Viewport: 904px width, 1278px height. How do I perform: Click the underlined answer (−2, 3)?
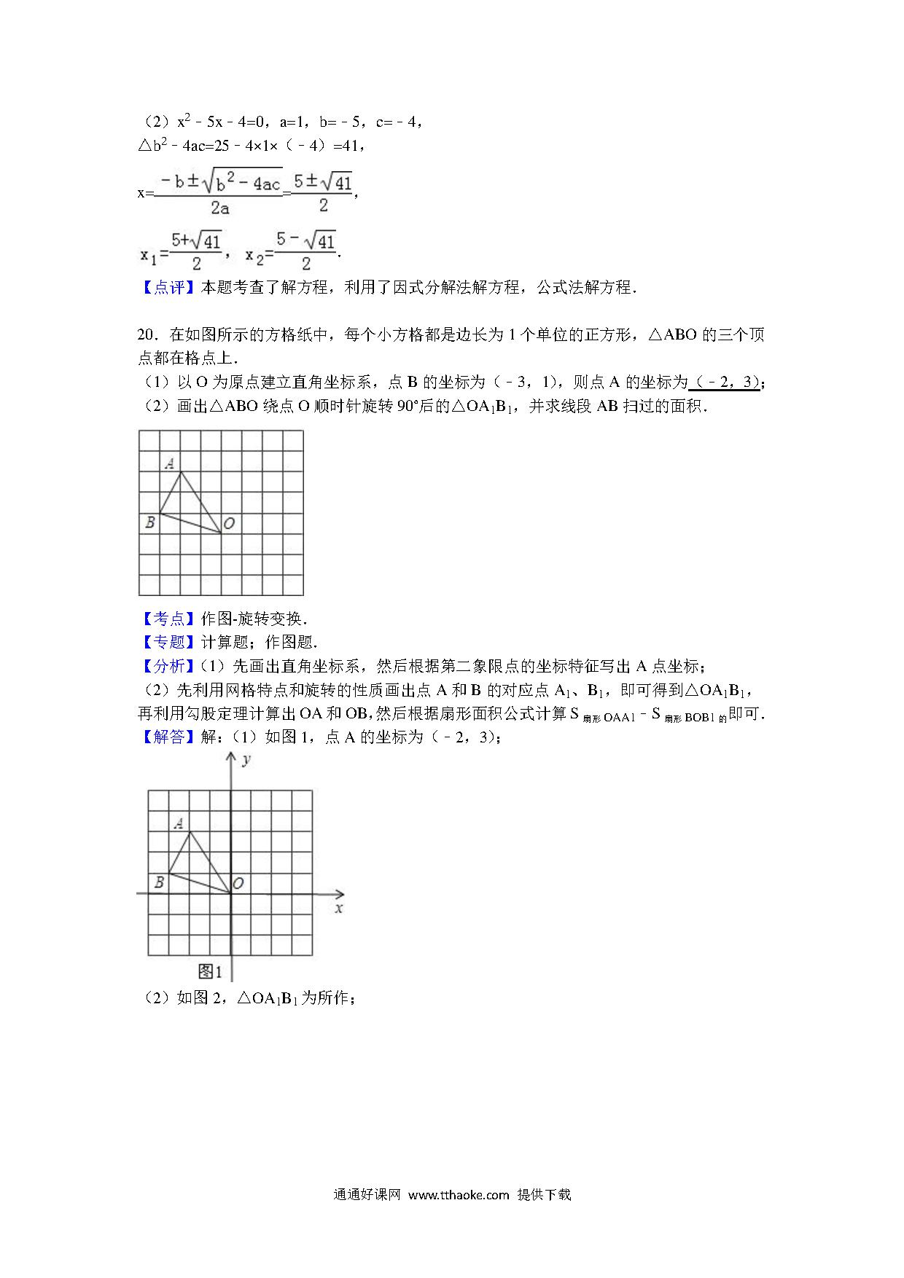[x=725, y=383]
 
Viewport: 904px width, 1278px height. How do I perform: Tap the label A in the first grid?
[x=169, y=463]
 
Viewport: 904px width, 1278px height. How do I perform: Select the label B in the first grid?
[x=149, y=522]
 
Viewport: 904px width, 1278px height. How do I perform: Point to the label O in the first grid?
[x=229, y=524]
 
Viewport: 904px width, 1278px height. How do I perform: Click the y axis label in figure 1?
[x=246, y=760]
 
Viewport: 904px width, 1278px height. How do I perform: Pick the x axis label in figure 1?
[x=338, y=909]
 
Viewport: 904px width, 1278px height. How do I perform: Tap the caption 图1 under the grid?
[x=210, y=971]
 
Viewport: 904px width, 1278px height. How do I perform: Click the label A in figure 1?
[x=179, y=824]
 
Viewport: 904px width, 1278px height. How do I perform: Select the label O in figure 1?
[x=238, y=884]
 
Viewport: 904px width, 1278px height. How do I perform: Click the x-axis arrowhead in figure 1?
[x=340, y=894]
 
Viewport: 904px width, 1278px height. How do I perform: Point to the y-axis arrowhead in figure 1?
[x=231, y=758]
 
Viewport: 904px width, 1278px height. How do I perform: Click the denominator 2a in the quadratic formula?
[x=219, y=208]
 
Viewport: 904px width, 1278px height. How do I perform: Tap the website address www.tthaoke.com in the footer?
[x=458, y=1194]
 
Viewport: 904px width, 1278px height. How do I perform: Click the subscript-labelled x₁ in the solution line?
[x=148, y=256]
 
